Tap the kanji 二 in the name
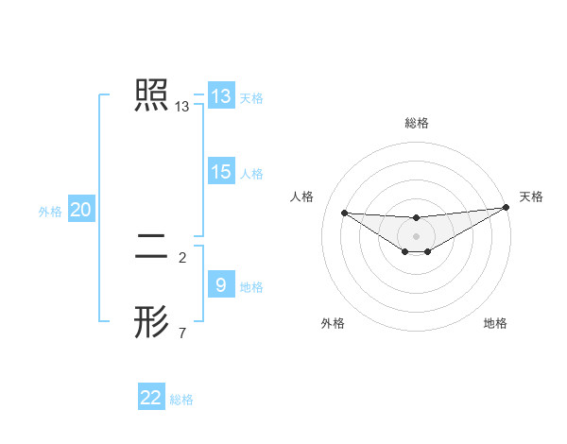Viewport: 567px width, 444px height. point(151,247)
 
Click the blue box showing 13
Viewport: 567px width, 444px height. point(220,96)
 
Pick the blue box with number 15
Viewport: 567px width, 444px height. point(220,172)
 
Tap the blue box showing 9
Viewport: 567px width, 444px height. point(220,285)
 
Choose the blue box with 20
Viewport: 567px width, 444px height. point(80,210)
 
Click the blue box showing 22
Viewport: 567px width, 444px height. point(151,398)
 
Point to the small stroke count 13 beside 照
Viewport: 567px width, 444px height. point(182,108)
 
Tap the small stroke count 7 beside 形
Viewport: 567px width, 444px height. point(182,333)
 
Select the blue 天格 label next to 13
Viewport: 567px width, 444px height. point(251,97)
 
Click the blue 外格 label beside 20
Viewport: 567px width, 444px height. point(50,212)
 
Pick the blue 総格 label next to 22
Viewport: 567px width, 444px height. point(181,400)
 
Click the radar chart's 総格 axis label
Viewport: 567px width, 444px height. point(416,123)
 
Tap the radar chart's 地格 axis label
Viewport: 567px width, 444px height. point(495,323)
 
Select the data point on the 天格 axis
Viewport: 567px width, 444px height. point(507,208)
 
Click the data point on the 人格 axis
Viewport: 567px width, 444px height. point(344,213)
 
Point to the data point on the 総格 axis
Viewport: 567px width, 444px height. point(416,217)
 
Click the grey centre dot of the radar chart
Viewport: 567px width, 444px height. point(416,236)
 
